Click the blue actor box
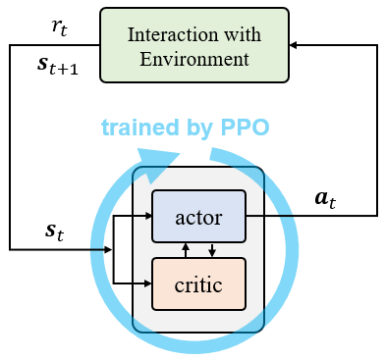coord(197,215)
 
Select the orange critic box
coord(197,283)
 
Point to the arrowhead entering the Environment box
coord(296,43)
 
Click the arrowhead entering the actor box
coord(146,215)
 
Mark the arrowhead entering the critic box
coord(146,283)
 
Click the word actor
coord(197,215)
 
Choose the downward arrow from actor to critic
coord(211,249)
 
